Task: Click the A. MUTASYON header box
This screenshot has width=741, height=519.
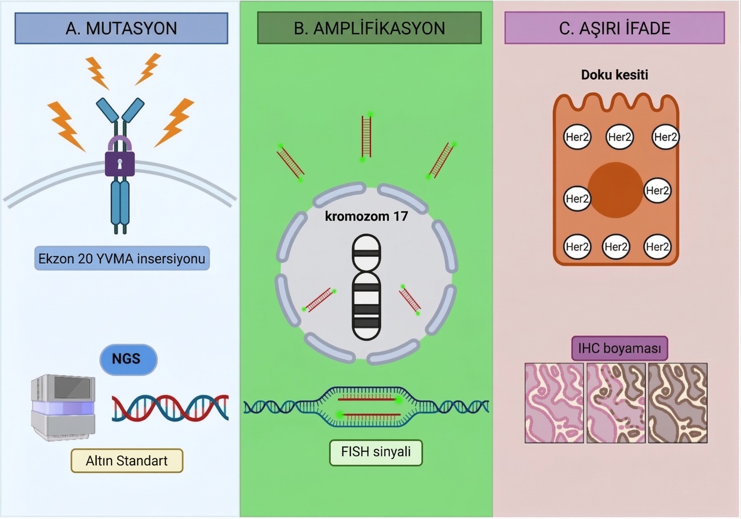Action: pos(121,28)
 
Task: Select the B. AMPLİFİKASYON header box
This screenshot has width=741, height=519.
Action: pos(369,28)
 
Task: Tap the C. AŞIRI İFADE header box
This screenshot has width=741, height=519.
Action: pos(615,28)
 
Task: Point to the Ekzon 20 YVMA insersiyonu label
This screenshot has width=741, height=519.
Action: pos(122,259)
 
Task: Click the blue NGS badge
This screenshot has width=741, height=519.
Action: pos(128,359)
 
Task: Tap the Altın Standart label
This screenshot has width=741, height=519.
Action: pos(127,461)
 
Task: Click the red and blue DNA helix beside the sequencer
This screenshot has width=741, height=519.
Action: pos(170,408)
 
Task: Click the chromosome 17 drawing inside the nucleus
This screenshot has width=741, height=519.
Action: pos(366,287)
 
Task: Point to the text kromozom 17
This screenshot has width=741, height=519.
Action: pos(366,216)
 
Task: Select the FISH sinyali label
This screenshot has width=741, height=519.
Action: pos(376,452)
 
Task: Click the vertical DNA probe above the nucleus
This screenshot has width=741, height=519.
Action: pos(366,137)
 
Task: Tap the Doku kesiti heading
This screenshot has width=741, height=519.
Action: pos(615,75)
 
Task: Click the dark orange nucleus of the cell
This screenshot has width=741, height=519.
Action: pos(615,190)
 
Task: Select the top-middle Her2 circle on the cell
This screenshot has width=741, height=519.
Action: pos(619,137)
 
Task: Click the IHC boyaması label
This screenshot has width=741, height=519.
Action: pos(619,348)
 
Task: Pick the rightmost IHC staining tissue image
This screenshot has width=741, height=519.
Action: pos(678,403)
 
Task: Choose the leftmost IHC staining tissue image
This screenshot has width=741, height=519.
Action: pos(554,403)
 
